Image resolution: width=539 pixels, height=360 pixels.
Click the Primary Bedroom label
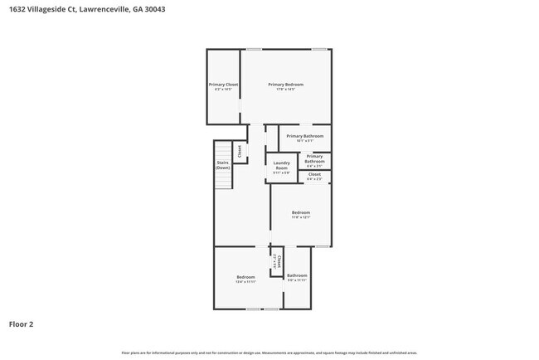pyautogui.click(x=285, y=85)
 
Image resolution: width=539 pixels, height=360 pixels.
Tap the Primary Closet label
pyautogui.click(x=223, y=85)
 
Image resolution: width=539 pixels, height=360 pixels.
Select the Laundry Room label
pyautogui.click(x=281, y=165)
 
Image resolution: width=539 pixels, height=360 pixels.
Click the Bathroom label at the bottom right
pyautogui.click(x=297, y=275)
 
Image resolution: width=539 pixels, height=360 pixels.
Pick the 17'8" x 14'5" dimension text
pyautogui.click(x=285, y=90)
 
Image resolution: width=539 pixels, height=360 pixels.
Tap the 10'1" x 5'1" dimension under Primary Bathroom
pyautogui.click(x=305, y=140)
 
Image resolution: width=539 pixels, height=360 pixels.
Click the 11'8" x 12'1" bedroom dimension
pyautogui.click(x=300, y=218)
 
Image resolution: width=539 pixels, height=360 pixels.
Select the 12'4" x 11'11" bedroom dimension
pyautogui.click(x=245, y=281)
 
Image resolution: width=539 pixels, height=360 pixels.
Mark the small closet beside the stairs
pyautogui.click(x=240, y=151)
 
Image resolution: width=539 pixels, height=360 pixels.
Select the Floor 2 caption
pyautogui.click(x=21, y=324)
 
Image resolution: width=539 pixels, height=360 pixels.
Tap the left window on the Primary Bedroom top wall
pyautogui.click(x=254, y=50)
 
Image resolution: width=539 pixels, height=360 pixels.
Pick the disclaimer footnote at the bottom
pyautogui.click(x=269, y=353)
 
